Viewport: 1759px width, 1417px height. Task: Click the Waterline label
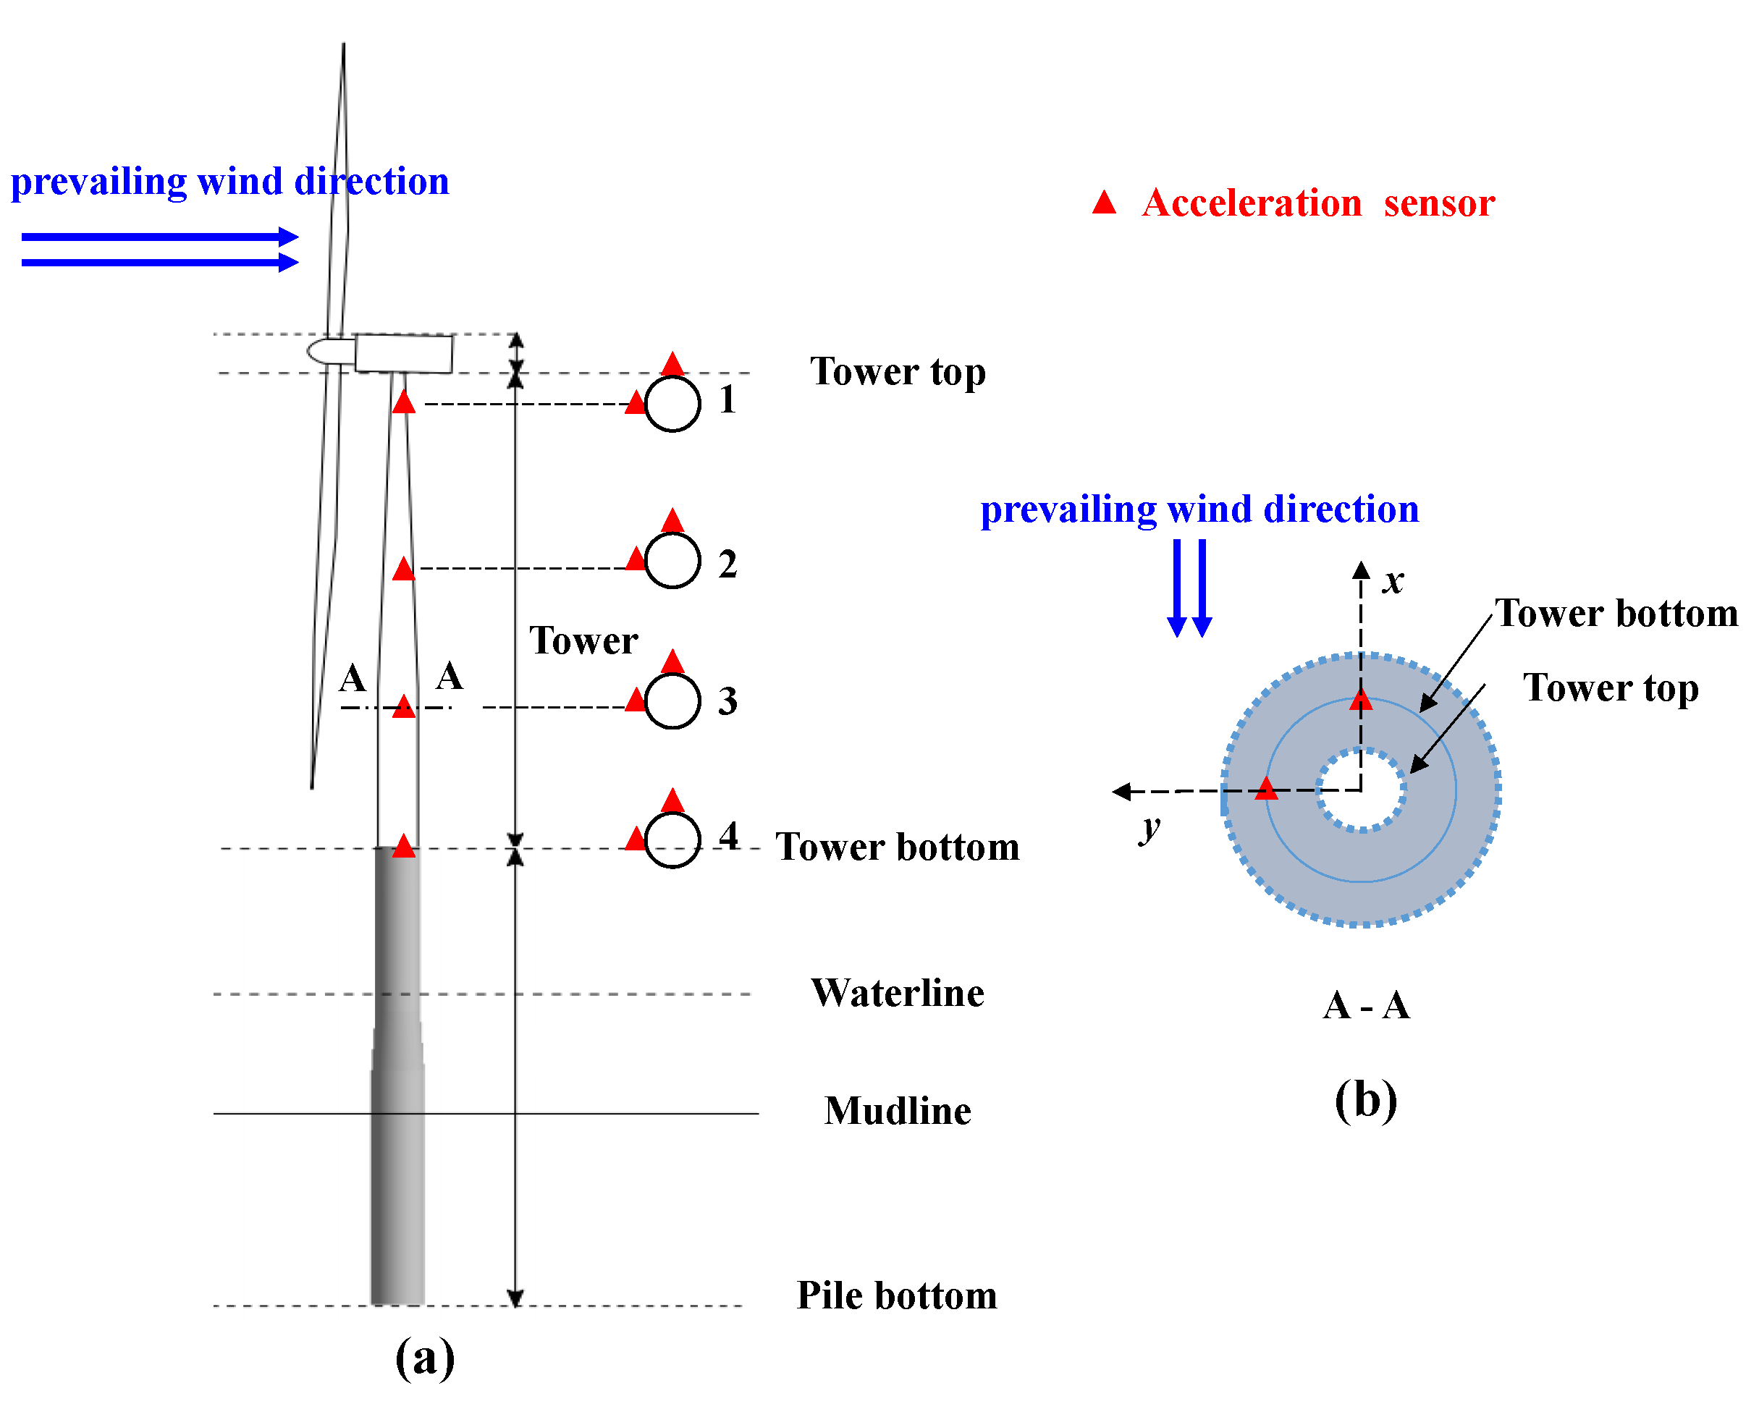(x=897, y=994)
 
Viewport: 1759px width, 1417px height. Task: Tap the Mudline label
(x=897, y=1111)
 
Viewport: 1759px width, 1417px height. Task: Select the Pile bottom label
(x=896, y=1295)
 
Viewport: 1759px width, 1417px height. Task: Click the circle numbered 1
(x=672, y=403)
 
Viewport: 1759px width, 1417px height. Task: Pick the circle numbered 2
(x=672, y=560)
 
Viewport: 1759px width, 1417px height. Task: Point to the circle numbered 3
(x=672, y=701)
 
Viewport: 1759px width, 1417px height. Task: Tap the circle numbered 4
(x=672, y=840)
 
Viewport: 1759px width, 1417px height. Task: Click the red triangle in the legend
(x=1104, y=203)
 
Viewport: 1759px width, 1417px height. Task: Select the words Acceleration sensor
(x=1317, y=203)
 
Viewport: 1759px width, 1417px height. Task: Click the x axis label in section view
(x=1393, y=580)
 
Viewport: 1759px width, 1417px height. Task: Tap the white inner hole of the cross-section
(x=1361, y=790)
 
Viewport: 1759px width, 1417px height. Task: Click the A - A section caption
(x=1365, y=1004)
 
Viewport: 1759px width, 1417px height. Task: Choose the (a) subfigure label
(x=424, y=1358)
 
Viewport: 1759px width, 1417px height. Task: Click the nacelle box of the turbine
(x=403, y=352)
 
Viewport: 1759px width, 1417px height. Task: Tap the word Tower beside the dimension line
(x=583, y=640)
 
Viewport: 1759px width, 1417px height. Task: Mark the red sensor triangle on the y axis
(x=1266, y=789)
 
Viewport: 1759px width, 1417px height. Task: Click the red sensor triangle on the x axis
(x=1361, y=700)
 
